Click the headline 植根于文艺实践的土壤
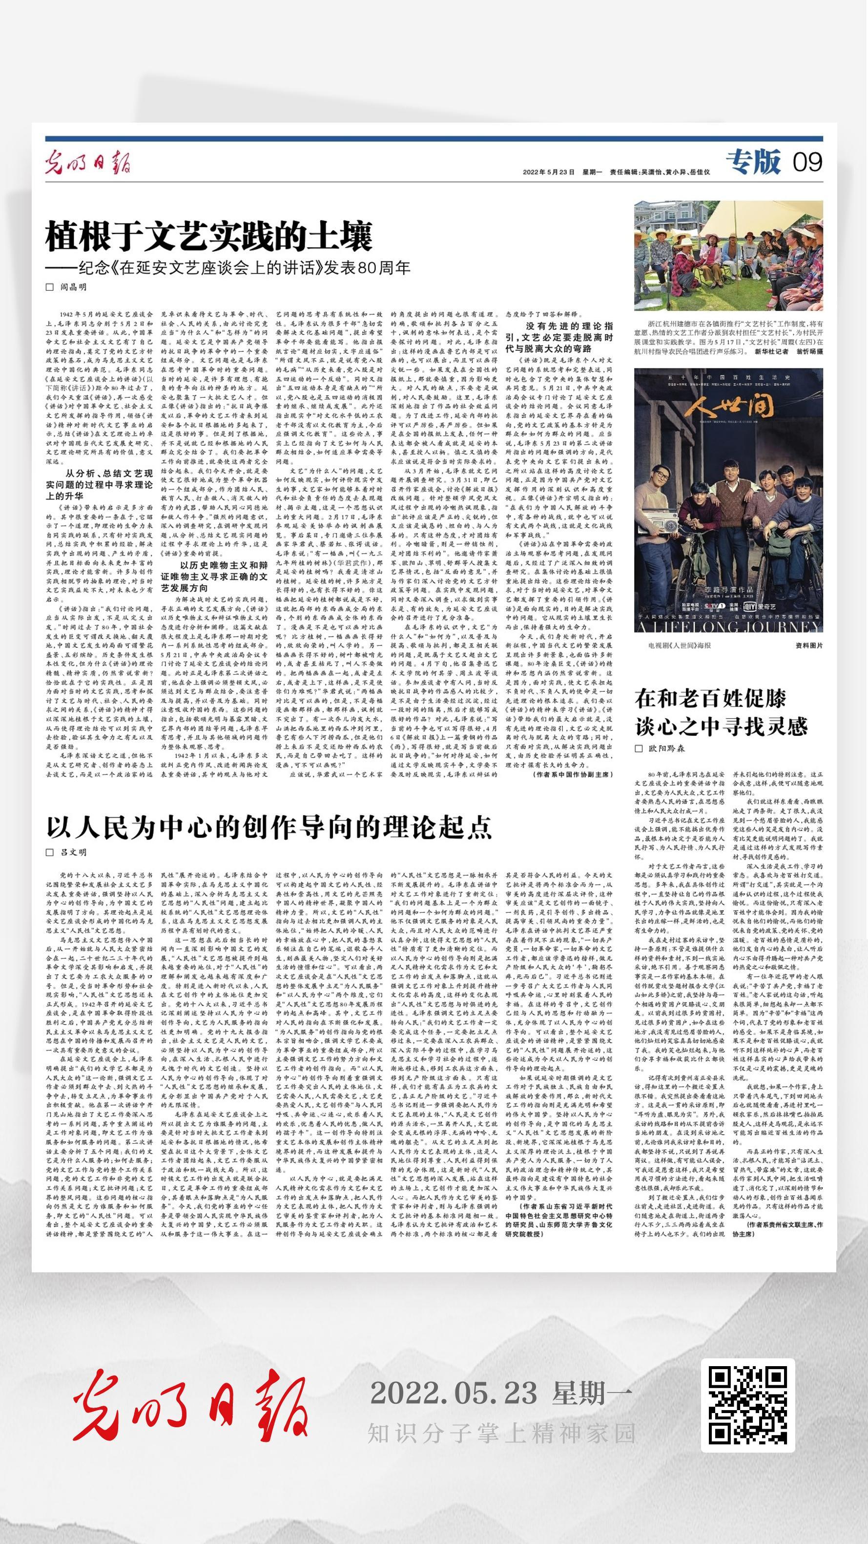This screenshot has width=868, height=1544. pos(209,236)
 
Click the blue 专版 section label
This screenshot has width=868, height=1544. pos(754,162)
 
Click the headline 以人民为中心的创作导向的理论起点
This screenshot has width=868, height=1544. pos(269,828)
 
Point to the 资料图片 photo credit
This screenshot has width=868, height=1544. pos(809,645)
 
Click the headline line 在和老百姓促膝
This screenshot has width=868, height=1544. pos(710,699)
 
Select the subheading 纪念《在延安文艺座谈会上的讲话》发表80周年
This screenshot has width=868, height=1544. pos(227,268)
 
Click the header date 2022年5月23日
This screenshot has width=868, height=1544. pos(548,172)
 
